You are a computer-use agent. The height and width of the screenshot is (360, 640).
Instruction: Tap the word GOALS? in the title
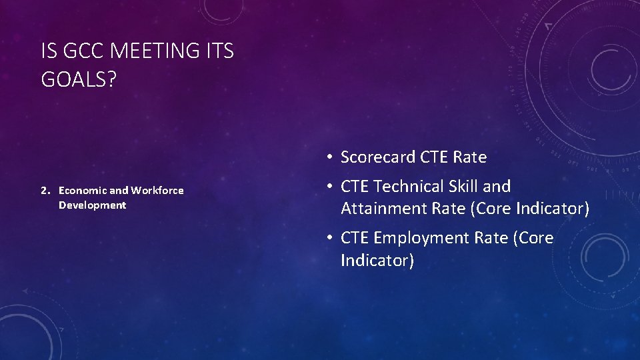[x=79, y=79]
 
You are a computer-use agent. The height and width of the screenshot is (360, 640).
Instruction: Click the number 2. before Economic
[x=45, y=191]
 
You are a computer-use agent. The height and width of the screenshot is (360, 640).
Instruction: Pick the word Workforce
[x=157, y=191]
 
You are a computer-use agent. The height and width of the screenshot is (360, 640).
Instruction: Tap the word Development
[x=92, y=205]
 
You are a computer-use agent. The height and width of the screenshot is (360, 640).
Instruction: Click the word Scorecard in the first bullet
[x=378, y=157]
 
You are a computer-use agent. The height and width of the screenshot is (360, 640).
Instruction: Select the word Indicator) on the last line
[x=377, y=260]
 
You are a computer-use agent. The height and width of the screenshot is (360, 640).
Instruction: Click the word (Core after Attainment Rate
[x=491, y=209]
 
